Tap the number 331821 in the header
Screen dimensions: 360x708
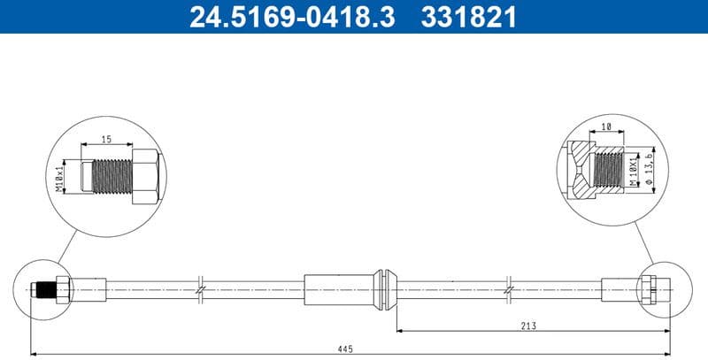coord(466,16)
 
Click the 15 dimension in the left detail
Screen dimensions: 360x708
coord(106,138)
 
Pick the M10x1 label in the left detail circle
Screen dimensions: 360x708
coord(59,175)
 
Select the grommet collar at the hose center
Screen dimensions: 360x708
coord(381,287)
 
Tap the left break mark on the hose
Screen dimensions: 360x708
coord(201,288)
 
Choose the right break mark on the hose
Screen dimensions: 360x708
coord(508,288)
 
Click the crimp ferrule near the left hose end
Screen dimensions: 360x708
coord(88,288)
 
